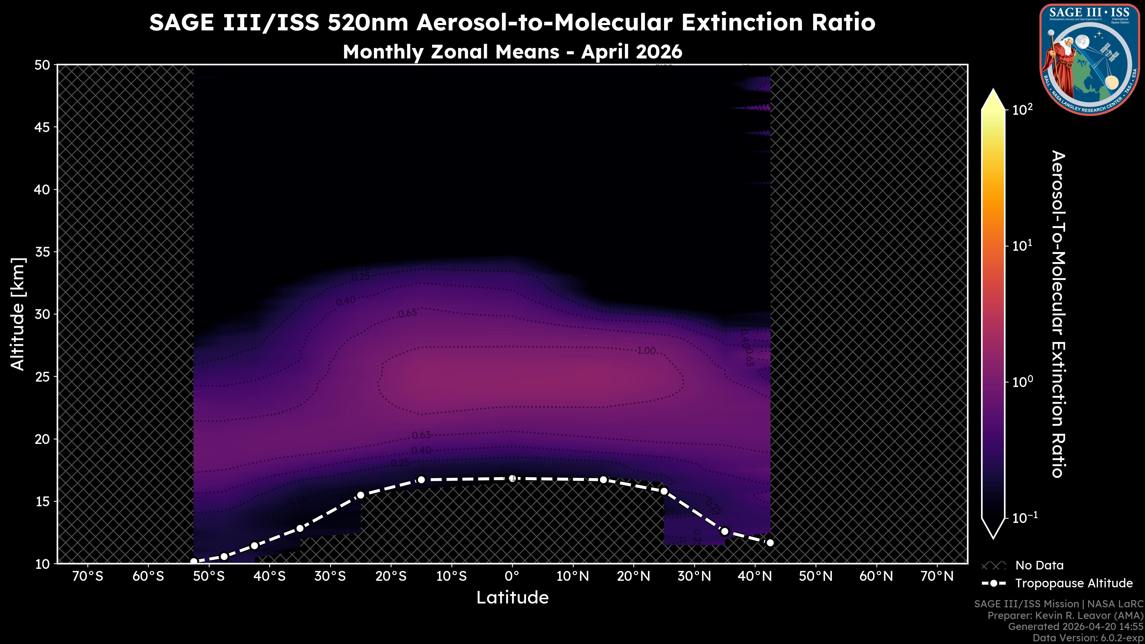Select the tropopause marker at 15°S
tap(421, 479)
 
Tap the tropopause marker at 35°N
tap(725, 531)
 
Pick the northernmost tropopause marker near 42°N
tap(770, 543)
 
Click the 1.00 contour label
tap(646, 351)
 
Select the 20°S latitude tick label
tap(391, 576)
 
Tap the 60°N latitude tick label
tap(876, 576)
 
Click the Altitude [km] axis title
tap(18, 314)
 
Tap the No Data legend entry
tap(1039, 565)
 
